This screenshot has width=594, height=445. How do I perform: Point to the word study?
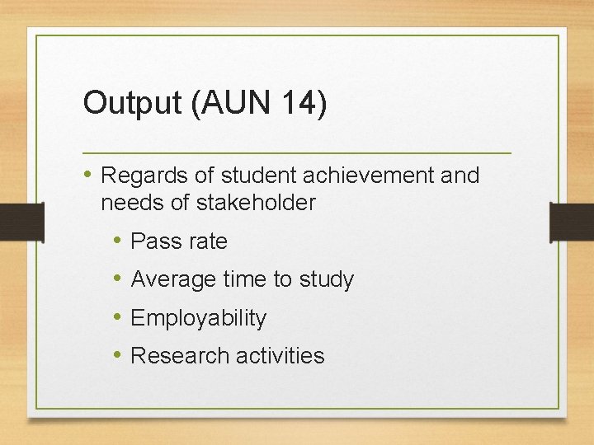click(x=326, y=280)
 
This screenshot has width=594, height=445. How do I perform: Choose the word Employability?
click(x=199, y=318)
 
